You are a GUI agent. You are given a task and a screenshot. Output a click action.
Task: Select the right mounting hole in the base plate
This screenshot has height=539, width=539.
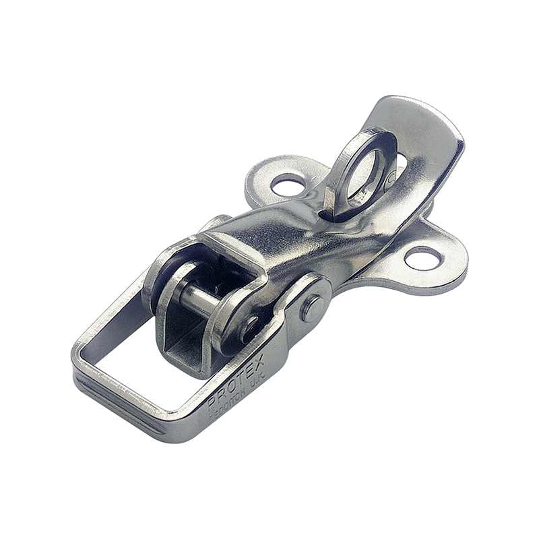point(423,258)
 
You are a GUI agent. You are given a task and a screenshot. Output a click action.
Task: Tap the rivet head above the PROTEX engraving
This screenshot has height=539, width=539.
point(312,309)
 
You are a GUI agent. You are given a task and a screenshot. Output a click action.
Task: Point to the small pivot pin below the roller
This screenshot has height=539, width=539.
point(251,328)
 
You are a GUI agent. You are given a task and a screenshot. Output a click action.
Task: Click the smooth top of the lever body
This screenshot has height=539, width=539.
point(296,236)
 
